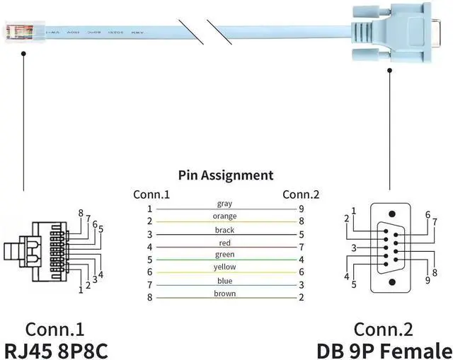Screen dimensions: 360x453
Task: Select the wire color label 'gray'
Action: [224, 204]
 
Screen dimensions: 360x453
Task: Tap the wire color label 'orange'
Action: [224, 216]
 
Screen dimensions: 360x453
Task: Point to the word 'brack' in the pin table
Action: [224, 230]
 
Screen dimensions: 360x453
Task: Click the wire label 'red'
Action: [224, 243]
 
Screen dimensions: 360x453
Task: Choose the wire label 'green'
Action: [224, 255]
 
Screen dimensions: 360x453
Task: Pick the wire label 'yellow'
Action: [224, 267]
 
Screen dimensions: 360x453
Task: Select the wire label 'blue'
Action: [224, 280]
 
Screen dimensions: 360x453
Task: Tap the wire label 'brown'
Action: [224, 293]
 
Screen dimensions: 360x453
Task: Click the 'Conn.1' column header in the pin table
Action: [151, 194]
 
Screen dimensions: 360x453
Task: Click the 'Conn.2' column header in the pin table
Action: [301, 194]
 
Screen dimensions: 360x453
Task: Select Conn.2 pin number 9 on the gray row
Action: [301, 209]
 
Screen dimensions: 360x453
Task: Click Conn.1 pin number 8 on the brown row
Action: [149, 298]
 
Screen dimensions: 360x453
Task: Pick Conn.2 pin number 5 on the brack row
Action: [301, 234]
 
